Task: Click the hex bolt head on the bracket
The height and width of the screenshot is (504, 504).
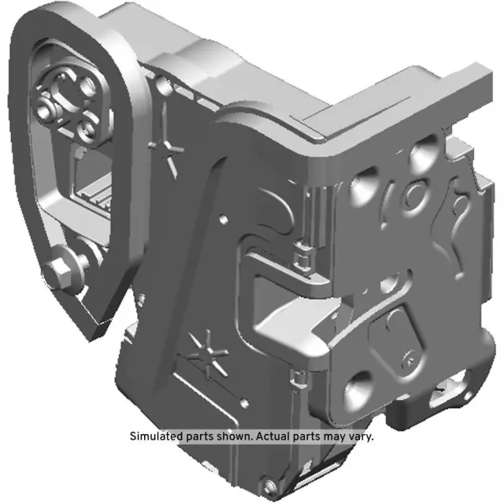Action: click(x=61, y=272)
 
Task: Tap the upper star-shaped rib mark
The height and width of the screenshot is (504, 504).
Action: click(x=169, y=146)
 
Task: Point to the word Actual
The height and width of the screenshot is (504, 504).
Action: click(x=278, y=436)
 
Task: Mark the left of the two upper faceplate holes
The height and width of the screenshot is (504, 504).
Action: click(x=364, y=187)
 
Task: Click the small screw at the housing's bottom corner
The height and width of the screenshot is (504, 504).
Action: click(x=271, y=483)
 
